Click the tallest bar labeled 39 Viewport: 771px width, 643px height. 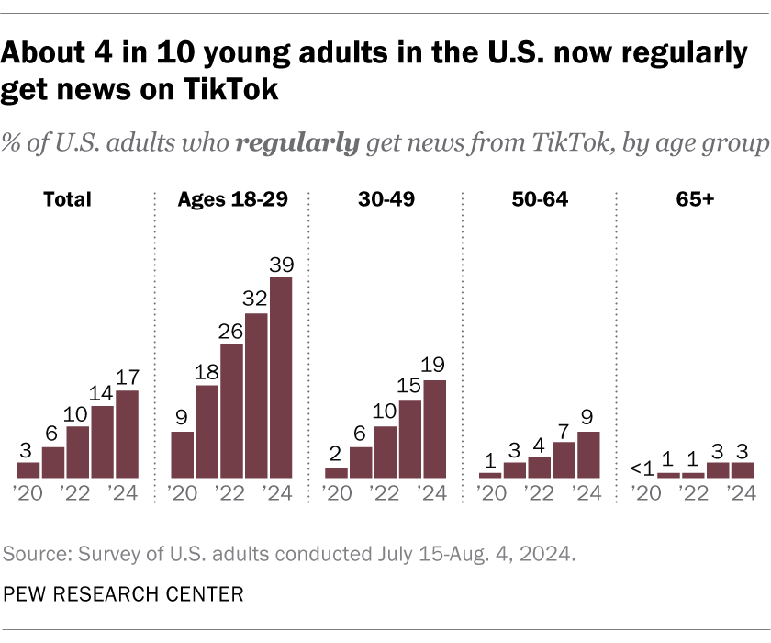click(x=281, y=378)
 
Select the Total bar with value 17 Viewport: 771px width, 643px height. click(x=127, y=434)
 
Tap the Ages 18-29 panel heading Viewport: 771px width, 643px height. click(x=231, y=198)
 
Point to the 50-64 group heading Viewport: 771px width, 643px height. click(x=539, y=198)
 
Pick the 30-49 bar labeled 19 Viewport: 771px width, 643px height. click(x=435, y=429)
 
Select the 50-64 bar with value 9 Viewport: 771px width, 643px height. click(x=588, y=455)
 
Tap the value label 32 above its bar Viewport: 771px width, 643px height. click(x=256, y=299)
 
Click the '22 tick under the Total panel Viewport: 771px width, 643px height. click(x=78, y=494)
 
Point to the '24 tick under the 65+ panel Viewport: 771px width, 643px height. click(x=742, y=494)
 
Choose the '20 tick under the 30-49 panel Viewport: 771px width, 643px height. click(x=337, y=494)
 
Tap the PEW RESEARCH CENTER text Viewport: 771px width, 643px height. click(x=123, y=594)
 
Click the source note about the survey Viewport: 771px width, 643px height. click(x=290, y=555)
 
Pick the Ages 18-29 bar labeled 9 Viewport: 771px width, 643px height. click(x=183, y=455)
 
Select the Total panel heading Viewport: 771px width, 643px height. click(x=68, y=198)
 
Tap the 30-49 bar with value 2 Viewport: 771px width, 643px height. click(x=337, y=472)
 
